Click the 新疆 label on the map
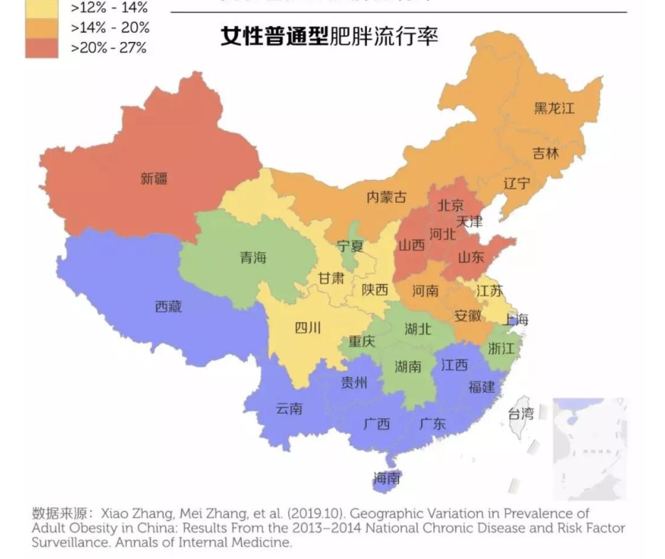pos(154,179)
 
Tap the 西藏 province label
pos(168,306)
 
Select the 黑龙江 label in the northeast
pos(554,108)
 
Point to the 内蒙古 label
pos(386,197)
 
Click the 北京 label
pos(450,205)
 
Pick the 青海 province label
pos(253,258)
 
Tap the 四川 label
pos(307,327)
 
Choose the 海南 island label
pos(387,478)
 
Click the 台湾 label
pos(520,413)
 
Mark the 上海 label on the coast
pos(515,319)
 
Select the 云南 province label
pos(289,408)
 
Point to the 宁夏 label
pos(350,247)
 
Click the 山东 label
pos(471,258)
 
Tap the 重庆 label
pos(361,341)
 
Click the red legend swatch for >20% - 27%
pos(42,47)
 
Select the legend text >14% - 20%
pos(110,28)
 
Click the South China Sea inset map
pos(589,448)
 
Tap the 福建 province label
pos(481,387)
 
